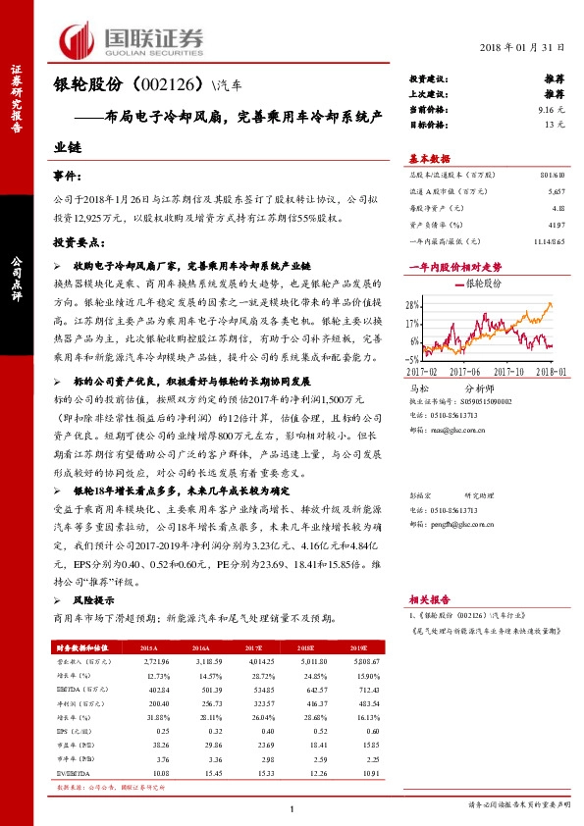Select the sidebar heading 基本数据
pyautogui.click(x=429, y=158)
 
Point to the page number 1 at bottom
pyautogui.click(x=292, y=808)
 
